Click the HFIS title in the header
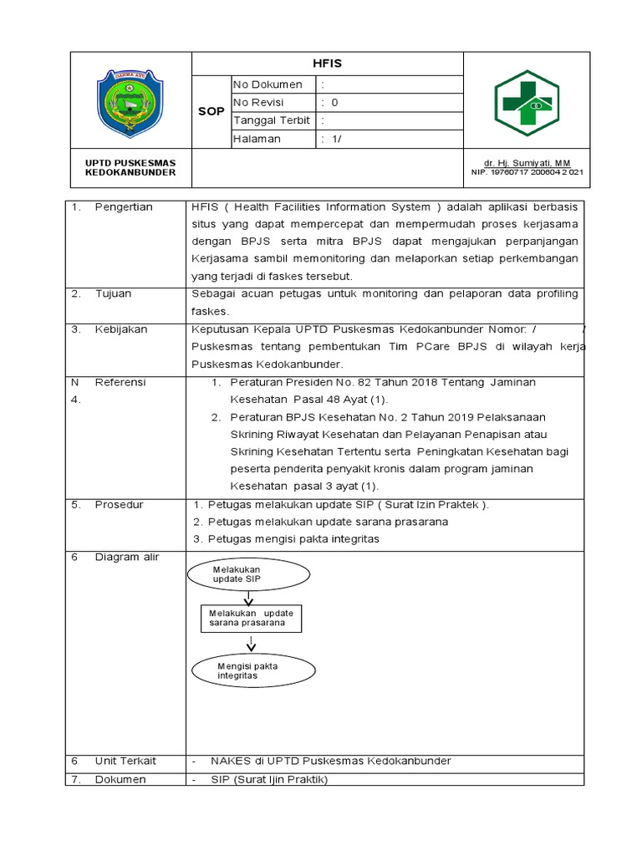coord(328,63)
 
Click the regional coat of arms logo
coord(130,104)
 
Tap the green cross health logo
coord(527,102)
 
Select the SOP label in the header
coord(211,111)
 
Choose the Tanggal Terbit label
coord(271,120)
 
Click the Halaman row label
coord(257,139)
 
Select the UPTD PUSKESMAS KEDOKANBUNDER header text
coord(130,166)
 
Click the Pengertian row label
coord(124,207)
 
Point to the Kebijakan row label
coord(120,329)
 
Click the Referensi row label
coord(120,382)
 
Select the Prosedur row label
coord(119,505)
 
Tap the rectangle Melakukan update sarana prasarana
coord(252,618)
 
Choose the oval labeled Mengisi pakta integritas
coord(253,670)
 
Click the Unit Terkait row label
coord(125,761)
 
